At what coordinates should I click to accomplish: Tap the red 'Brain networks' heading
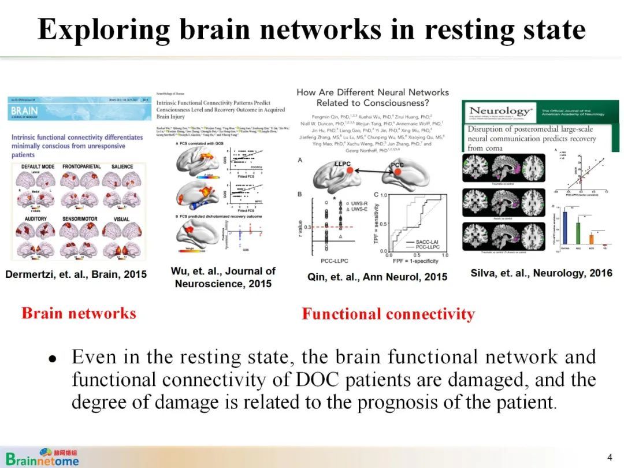(x=79, y=313)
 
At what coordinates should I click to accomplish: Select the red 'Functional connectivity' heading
(x=388, y=314)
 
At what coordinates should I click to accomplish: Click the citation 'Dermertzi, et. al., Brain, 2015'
(x=76, y=274)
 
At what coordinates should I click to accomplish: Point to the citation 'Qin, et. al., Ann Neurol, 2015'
(x=377, y=277)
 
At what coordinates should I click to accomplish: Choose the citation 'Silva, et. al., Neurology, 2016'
(x=541, y=273)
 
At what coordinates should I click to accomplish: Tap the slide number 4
(x=609, y=458)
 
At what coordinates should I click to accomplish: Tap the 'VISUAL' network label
(x=121, y=220)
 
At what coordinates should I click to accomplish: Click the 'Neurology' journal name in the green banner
(x=500, y=111)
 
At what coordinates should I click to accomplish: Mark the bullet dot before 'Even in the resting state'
(x=53, y=358)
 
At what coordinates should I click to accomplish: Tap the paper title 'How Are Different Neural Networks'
(x=372, y=92)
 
